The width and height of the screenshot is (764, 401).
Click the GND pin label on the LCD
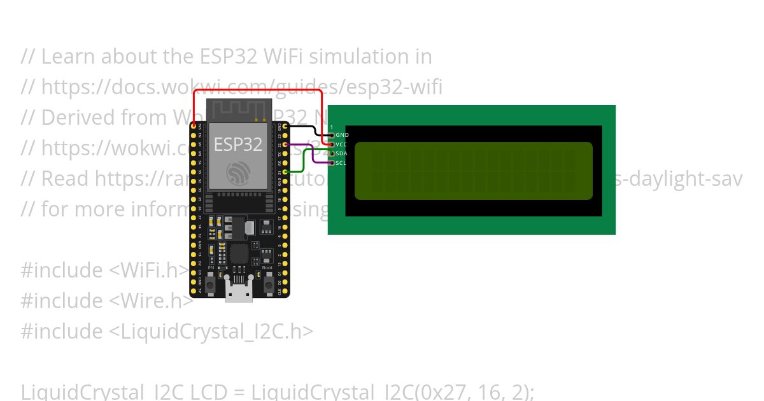click(342, 136)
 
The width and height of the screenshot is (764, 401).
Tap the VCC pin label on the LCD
click(342, 144)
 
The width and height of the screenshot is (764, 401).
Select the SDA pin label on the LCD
click(342, 153)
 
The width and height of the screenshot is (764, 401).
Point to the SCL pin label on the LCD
click(341, 163)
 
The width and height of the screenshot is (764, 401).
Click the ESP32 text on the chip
click(237, 144)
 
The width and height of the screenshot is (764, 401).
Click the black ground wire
click(306, 127)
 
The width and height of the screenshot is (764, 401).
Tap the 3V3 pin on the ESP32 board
click(194, 126)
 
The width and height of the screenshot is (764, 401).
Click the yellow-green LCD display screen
click(473, 171)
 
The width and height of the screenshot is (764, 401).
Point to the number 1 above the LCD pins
click(331, 127)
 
